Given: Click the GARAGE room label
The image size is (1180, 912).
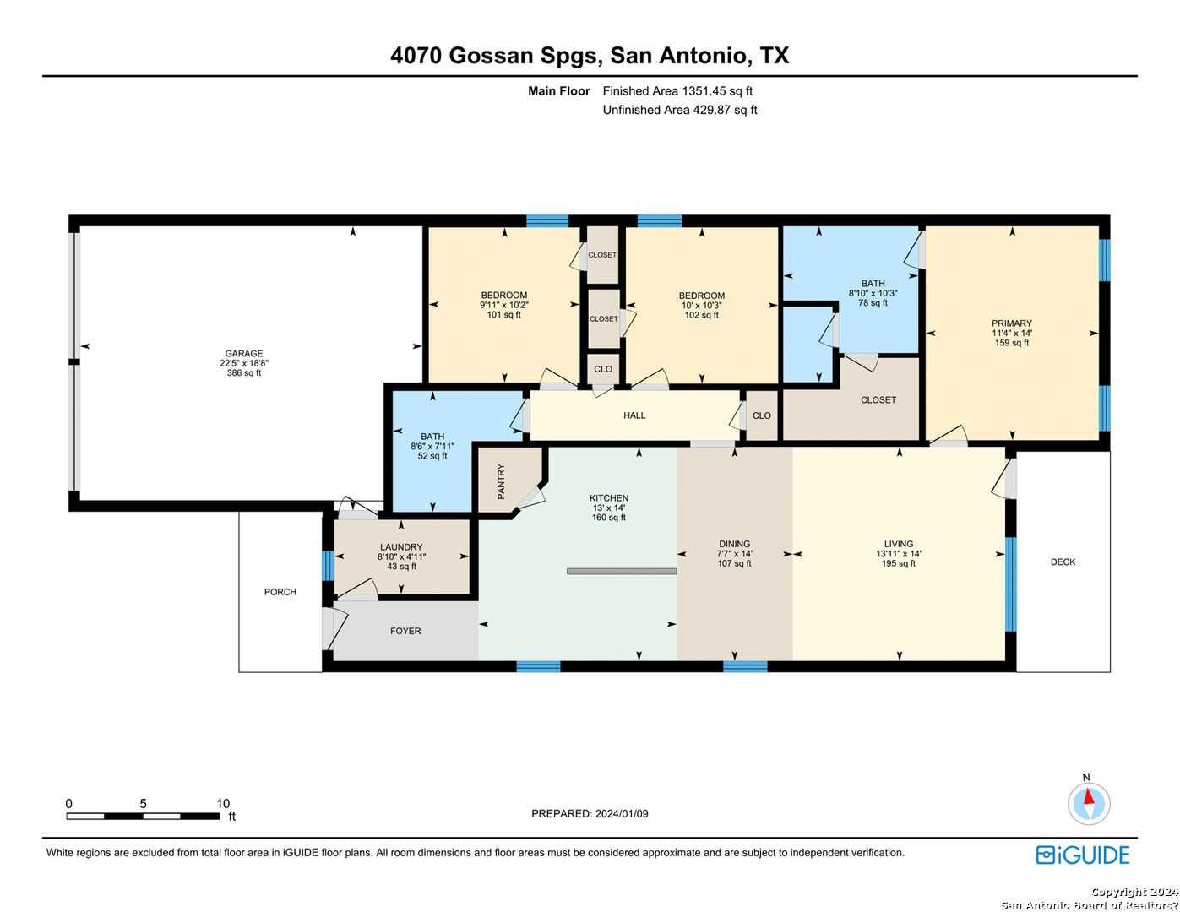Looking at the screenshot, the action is tap(244, 353).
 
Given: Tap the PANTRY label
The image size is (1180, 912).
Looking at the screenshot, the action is tap(501, 481).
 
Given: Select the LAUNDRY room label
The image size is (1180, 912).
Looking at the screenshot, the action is tap(401, 547).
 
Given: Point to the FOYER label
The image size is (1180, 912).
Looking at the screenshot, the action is tap(405, 631).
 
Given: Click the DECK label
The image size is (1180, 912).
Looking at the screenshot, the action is tap(1063, 562).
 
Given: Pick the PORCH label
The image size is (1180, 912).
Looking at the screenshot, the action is tap(280, 592).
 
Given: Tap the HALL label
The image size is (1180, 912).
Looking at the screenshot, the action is tap(634, 415).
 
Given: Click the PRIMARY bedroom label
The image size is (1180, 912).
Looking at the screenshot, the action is tap(1012, 323).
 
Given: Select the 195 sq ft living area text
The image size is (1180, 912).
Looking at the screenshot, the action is tap(899, 563).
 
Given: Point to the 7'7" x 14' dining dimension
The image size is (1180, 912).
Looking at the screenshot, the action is tap(735, 554).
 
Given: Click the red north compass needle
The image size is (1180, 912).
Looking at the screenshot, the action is tap(1088, 796).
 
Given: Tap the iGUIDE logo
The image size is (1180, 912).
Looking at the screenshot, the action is tap(1083, 855).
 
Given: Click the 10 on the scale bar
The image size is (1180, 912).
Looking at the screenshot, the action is tap(223, 803).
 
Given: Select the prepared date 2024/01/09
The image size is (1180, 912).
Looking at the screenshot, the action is tap(622, 814).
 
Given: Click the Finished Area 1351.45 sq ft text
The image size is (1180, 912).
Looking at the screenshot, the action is tap(677, 91).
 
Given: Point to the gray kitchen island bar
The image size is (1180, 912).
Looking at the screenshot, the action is tap(622, 571).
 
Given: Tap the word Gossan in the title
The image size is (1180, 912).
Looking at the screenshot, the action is tap(491, 56).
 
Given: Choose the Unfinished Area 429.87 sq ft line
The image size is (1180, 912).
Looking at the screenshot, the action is tap(680, 110).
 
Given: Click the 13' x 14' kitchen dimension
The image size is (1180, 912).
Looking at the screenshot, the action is tap(609, 508).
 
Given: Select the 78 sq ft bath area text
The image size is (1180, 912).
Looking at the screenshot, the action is tap(873, 303).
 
